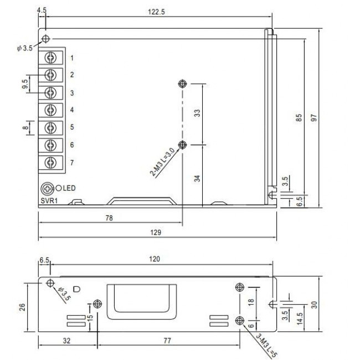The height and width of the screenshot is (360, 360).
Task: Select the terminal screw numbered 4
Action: point(52,110)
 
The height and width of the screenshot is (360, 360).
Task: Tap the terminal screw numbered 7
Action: point(52,162)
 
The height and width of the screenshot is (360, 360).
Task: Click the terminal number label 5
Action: point(72,127)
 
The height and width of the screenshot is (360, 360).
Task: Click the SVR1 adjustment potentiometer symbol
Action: point(48,188)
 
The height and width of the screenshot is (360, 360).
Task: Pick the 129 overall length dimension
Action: point(157,233)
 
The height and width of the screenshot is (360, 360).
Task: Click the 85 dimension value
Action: point(299,118)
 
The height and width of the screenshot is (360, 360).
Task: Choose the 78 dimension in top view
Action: point(109,218)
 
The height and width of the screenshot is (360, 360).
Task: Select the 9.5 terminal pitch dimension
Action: point(25,83)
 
